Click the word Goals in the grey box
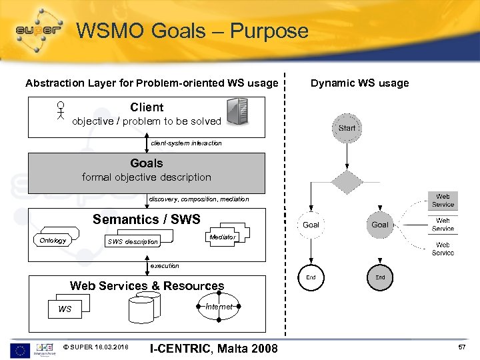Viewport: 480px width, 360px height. pyautogui.click(x=147, y=163)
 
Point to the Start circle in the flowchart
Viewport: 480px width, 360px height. pyautogui.click(x=347, y=127)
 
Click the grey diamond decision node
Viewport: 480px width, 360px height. pyautogui.click(x=347, y=181)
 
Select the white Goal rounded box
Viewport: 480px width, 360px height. pyautogui.click(x=311, y=225)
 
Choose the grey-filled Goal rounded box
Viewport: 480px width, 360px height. pyautogui.click(x=380, y=225)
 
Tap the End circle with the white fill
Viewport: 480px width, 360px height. pyautogui.click(x=311, y=277)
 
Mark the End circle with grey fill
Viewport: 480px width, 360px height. pyautogui.click(x=380, y=277)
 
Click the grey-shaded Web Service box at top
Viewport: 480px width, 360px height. pyautogui.click(x=443, y=200)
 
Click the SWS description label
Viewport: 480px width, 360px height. pyautogui.click(x=133, y=241)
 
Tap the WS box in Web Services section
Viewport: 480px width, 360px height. pyautogui.click(x=65, y=309)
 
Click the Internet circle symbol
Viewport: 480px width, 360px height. pyautogui.click(x=219, y=307)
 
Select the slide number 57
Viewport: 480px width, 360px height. pyautogui.click(x=463, y=348)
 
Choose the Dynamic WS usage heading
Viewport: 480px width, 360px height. pyautogui.click(x=360, y=83)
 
